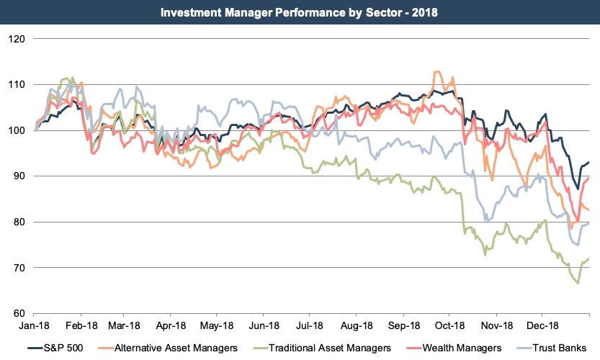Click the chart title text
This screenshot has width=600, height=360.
pos(300,12)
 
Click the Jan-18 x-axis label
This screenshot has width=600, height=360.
pos(35,325)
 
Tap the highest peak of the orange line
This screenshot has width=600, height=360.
pos(436,72)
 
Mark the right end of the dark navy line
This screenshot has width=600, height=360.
pos(589,162)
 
